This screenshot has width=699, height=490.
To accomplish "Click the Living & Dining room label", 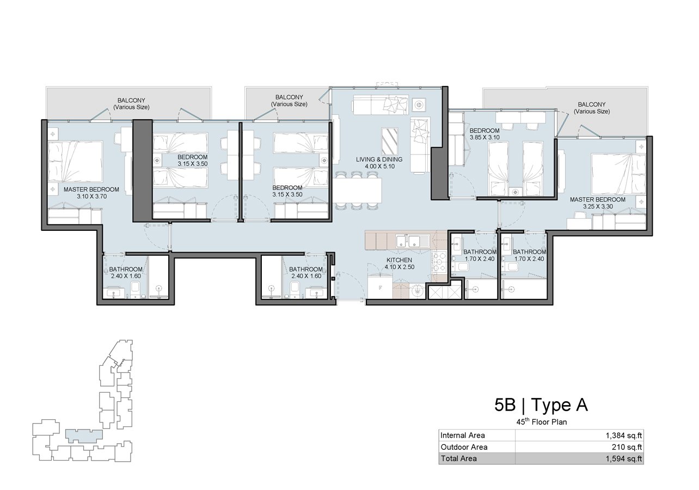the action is [x=379, y=163].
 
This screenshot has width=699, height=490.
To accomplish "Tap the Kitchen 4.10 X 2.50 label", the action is [x=400, y=264].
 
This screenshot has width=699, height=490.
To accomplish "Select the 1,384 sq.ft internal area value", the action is [x=624, y=436].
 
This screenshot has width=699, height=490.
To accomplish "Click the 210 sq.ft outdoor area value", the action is [x=627, y=447].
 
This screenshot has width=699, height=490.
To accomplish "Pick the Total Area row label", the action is [x=458, y=458].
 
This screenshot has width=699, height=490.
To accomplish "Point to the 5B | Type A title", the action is [x=541, y=405].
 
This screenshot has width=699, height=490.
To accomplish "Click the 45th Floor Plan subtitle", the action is [x=542, y=421].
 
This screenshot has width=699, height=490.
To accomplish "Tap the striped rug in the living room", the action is [x=389, y=141].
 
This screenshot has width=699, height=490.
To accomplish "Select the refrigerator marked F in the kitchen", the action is [x=380, y=287].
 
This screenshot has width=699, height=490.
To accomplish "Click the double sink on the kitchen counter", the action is [x=408, y=241].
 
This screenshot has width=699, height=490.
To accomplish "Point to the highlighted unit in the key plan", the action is [x=84, y=436].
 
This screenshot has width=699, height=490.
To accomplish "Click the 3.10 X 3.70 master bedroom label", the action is [x=92, y=197].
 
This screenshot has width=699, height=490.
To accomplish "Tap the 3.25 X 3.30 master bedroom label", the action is [x=598, y=206].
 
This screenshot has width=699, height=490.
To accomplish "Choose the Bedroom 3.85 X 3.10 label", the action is [x=485, y=134].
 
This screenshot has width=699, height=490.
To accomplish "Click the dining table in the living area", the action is [x=358, y=191].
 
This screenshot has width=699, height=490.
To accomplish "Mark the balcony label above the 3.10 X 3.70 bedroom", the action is [x=131, y=103].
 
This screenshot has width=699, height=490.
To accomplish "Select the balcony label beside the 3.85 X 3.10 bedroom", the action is [x=592, y=108].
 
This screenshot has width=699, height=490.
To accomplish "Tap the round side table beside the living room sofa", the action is [x=419, y=104].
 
